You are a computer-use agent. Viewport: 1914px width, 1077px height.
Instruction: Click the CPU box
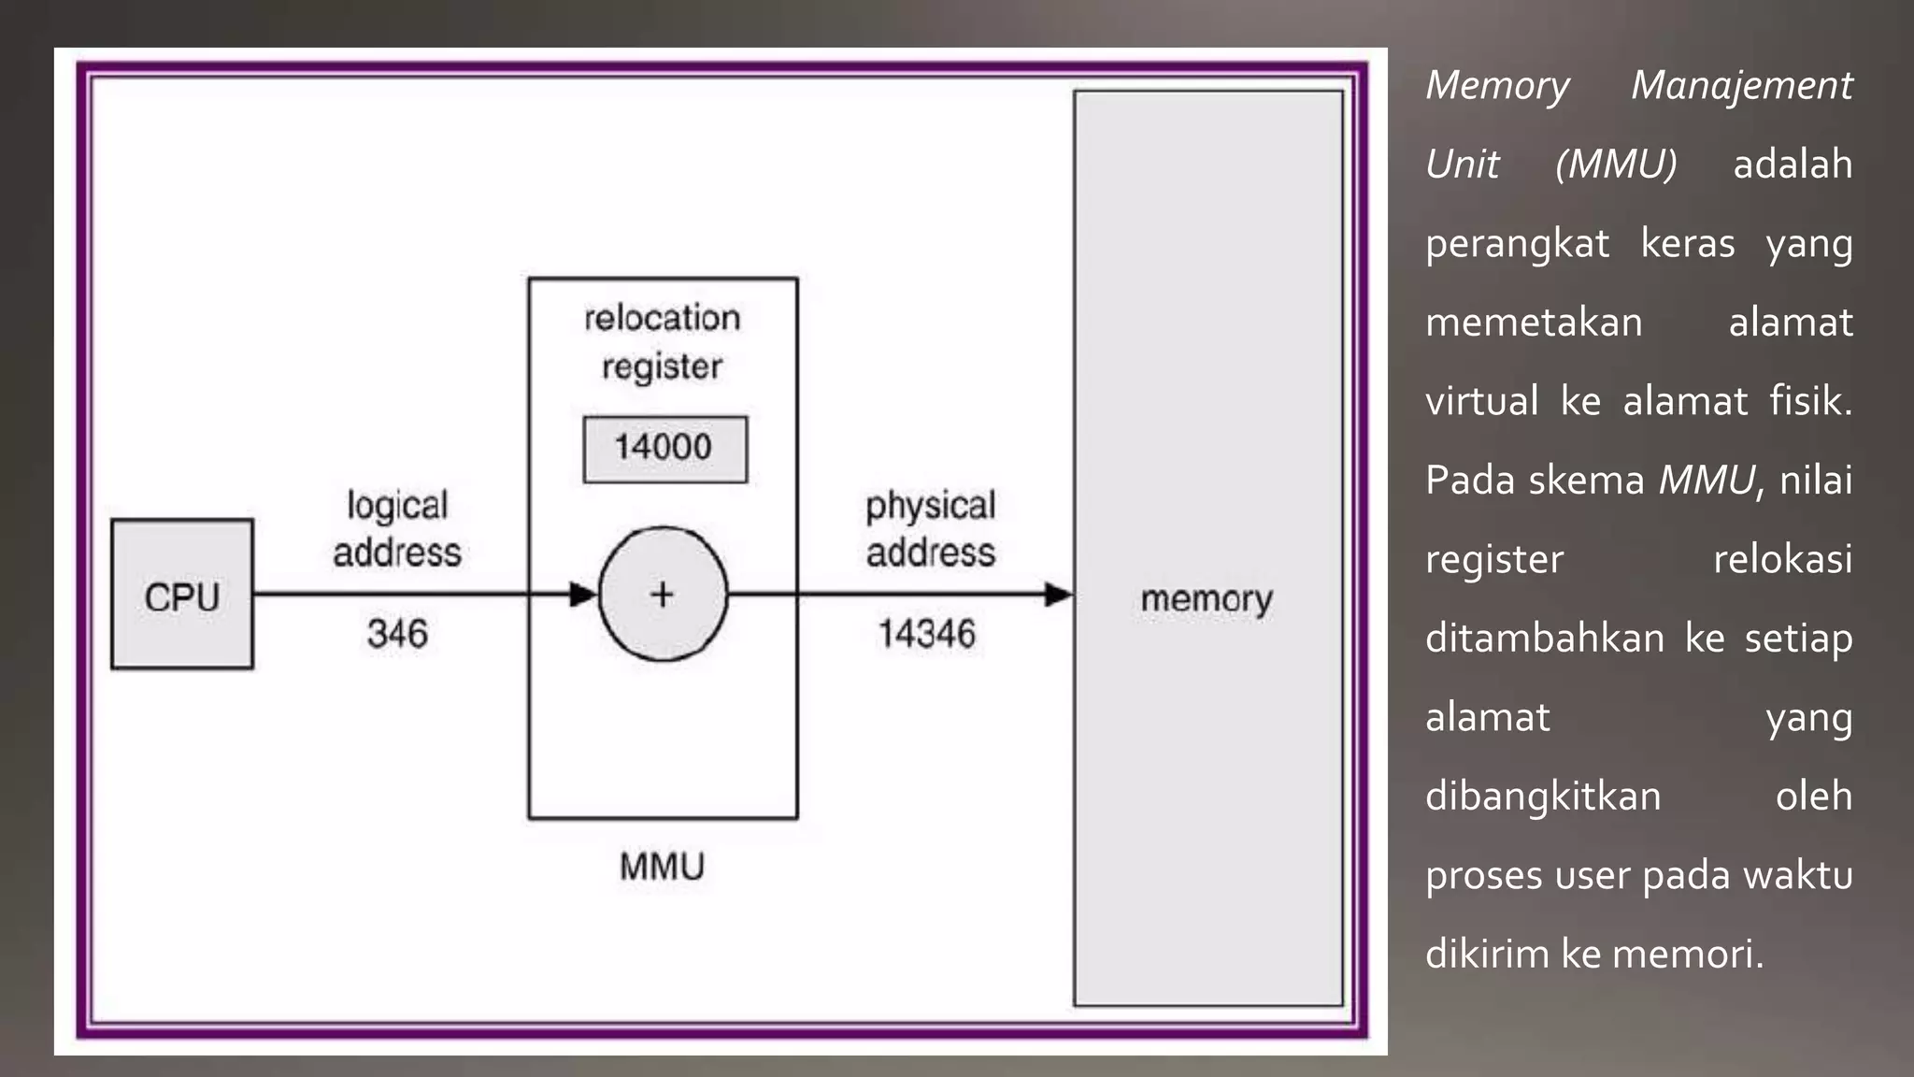point(182,595)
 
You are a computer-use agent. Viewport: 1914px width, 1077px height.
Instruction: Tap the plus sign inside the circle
point(662,595)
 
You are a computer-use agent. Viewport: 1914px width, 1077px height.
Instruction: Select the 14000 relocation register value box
point(664,449)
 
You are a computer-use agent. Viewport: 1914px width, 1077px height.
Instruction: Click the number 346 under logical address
point(397,634)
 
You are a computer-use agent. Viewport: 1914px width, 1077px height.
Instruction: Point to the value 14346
point(926,634)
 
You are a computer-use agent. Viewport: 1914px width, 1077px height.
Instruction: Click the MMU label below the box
point(662,867)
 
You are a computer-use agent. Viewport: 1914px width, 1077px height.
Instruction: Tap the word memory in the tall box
point(1207,599)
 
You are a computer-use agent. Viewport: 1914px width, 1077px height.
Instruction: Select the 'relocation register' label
point(662,342)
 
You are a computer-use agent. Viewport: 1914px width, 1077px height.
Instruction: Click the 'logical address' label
point(397,529)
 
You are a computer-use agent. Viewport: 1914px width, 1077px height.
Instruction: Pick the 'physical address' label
point(930,529)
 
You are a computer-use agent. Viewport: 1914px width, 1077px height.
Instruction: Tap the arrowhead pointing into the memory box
point(1058,594)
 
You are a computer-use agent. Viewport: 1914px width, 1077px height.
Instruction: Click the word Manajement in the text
point(1741,86)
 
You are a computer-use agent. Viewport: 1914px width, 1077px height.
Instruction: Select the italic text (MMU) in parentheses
point(1616,165)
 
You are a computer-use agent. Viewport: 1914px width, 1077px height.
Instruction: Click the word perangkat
point(1517,244)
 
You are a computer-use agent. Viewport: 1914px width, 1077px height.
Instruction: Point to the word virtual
point(1481,401)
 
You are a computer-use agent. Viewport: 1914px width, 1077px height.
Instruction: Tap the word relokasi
point(1781,559)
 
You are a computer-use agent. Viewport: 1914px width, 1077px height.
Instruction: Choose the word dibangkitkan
point(1543,797)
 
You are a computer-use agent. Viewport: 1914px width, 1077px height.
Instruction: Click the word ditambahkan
point(1544,639)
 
